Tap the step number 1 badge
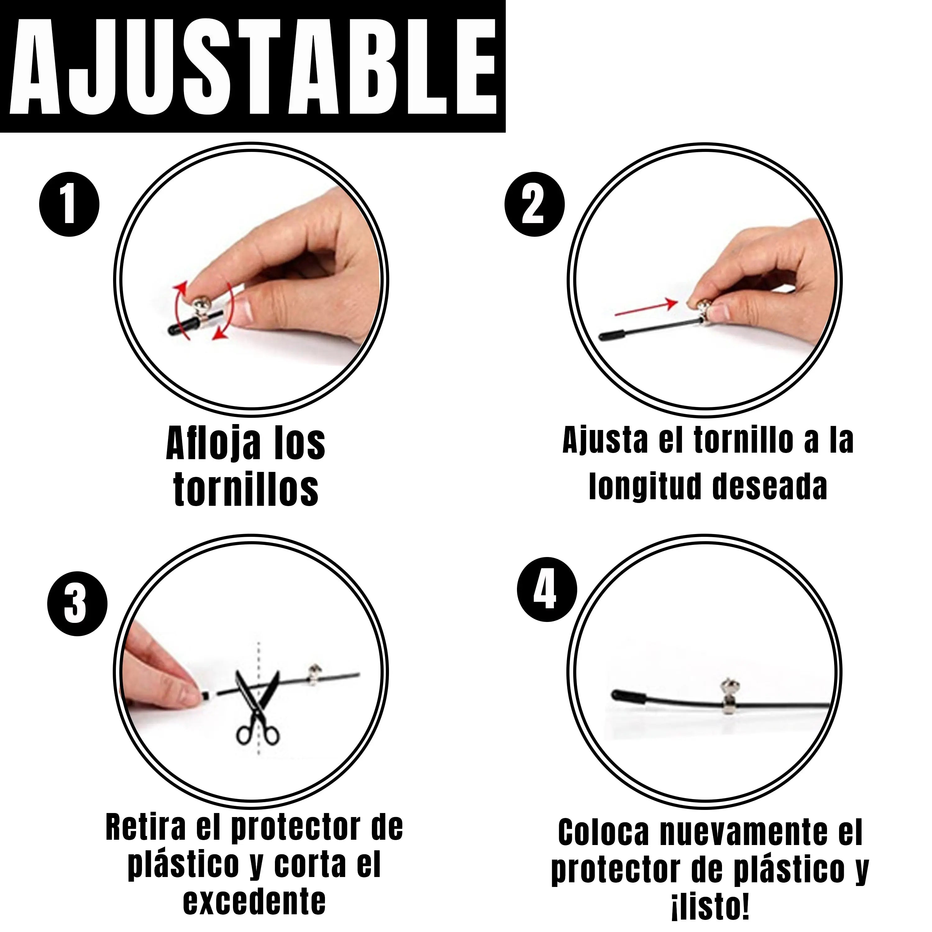point(69,204)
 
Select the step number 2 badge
point(534,204)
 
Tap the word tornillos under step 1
point(246,489)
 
